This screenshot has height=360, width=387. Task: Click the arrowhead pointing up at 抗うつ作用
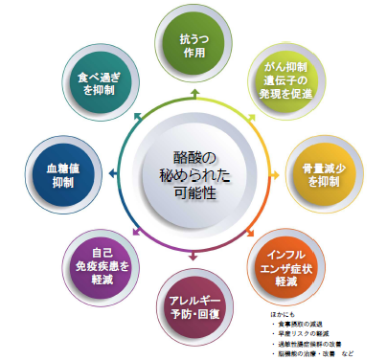coord(194,92)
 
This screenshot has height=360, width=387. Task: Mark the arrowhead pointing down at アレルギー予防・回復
coord(194,255)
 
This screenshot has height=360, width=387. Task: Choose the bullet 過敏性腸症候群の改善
coord(308,343)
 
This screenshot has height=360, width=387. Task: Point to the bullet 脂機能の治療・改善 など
coord(312,352)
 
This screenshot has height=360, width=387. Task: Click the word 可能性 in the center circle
coord(194,195)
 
